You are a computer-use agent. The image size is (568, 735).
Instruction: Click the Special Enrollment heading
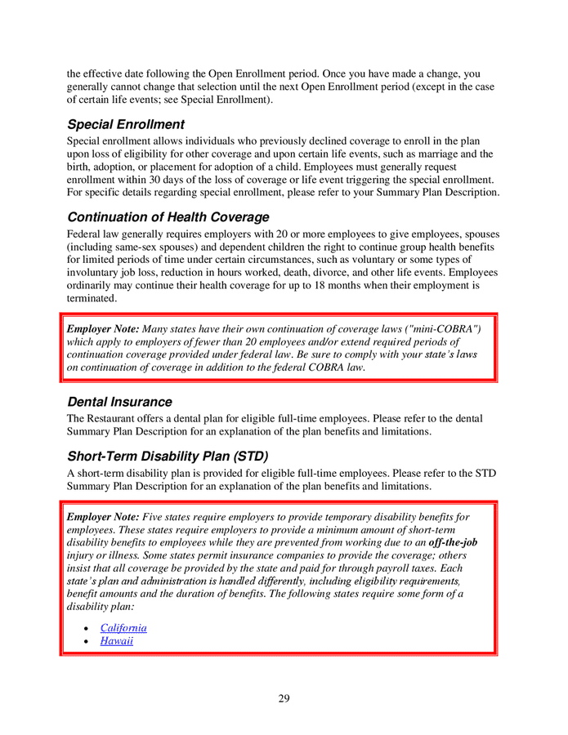tap(126, 125)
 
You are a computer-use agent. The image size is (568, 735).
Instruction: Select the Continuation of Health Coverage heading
tap(168, 217)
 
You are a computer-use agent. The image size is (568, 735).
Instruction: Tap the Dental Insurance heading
tap(119, 402)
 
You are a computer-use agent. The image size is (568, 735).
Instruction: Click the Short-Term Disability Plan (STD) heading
tap(168, 455)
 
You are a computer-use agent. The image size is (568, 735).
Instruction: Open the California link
tap(123, 628)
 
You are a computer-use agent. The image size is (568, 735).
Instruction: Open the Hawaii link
tap(117, 642)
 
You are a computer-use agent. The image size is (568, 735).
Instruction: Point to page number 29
tap(284, 698)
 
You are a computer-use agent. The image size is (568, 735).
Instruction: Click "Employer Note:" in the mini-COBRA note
tap(103, 328)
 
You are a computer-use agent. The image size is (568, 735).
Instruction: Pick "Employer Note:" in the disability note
tap(103, 517)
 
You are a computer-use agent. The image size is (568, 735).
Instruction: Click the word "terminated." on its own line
tap(93, 299)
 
